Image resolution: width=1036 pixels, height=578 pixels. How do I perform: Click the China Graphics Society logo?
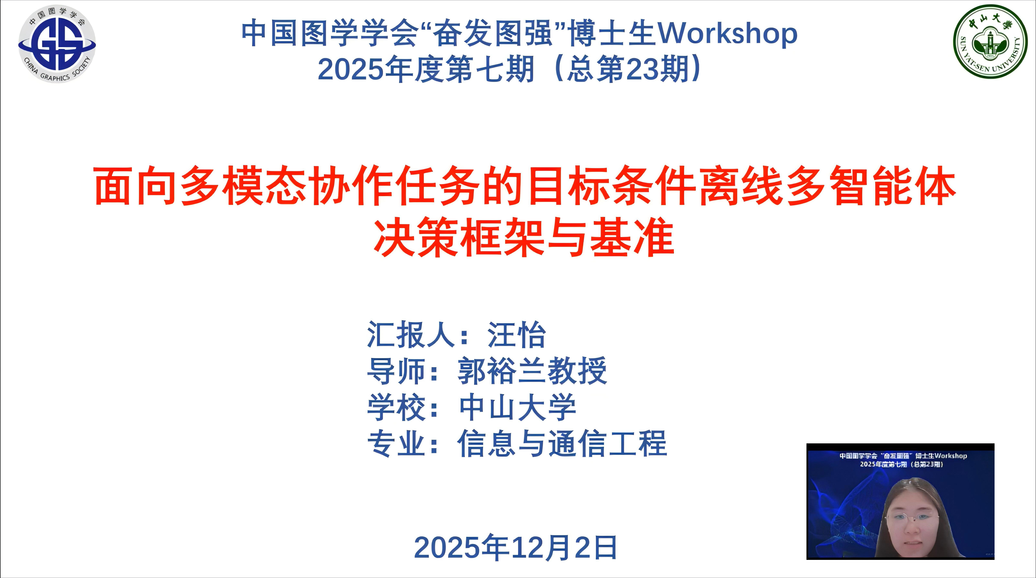tap(57, 44)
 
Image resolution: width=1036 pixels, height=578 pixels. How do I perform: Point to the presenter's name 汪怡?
tap(517, 335)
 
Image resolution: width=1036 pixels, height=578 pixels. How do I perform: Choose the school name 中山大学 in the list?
tap(518, 407)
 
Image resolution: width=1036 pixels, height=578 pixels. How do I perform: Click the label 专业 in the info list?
tap(396, 443)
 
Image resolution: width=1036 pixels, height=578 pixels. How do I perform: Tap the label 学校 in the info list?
tap(396, 407)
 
